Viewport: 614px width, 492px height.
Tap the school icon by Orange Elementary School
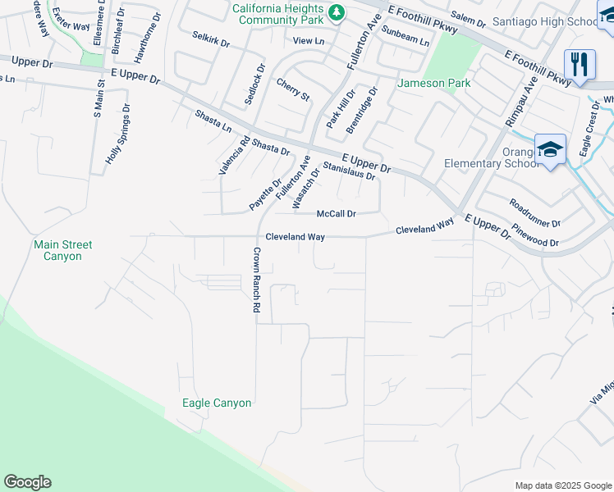pos(550,150)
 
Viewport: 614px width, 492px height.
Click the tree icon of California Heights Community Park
pos(336,13)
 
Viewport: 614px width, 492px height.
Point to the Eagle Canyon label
pos(217,403)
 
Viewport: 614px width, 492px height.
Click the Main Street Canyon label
pos(63,250)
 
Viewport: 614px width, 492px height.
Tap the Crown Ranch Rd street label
pos(256,280)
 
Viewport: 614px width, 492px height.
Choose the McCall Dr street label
pos(337,214)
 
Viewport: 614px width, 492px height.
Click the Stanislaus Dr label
pos(349,171)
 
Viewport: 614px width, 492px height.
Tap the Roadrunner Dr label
pos(534,212)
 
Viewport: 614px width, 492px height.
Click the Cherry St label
pos(293,90)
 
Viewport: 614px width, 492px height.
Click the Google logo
pos(27,482)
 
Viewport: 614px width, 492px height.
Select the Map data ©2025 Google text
pos(562,485)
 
